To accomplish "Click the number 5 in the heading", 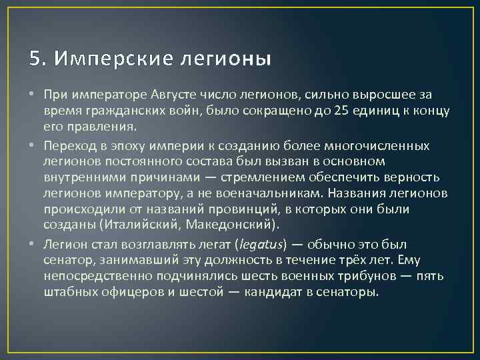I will [35, 59].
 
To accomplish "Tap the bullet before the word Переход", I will [33, 145].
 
